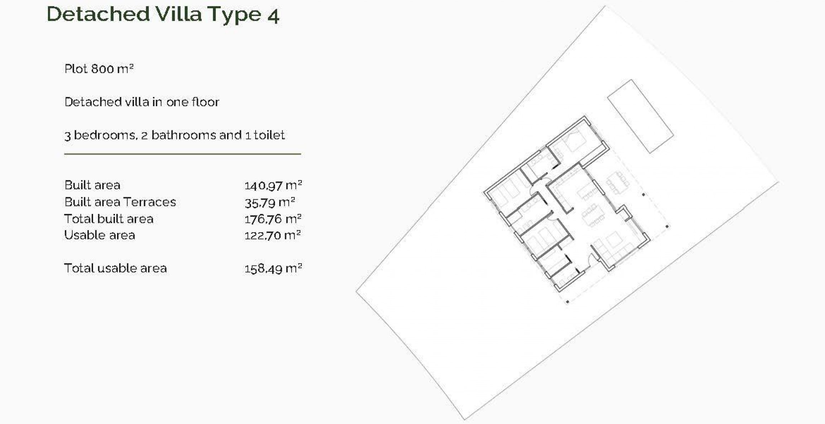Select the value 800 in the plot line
click(x=102, y=68)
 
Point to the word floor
click(x=205, y=102)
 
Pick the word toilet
click(x=269, y=135)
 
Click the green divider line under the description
click(x=182, y=154)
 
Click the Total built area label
click(x=108, y=219)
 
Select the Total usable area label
click(x=115, y=268)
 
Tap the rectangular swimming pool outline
click(x=640, y=116)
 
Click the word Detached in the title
click(x=98, y=14)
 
